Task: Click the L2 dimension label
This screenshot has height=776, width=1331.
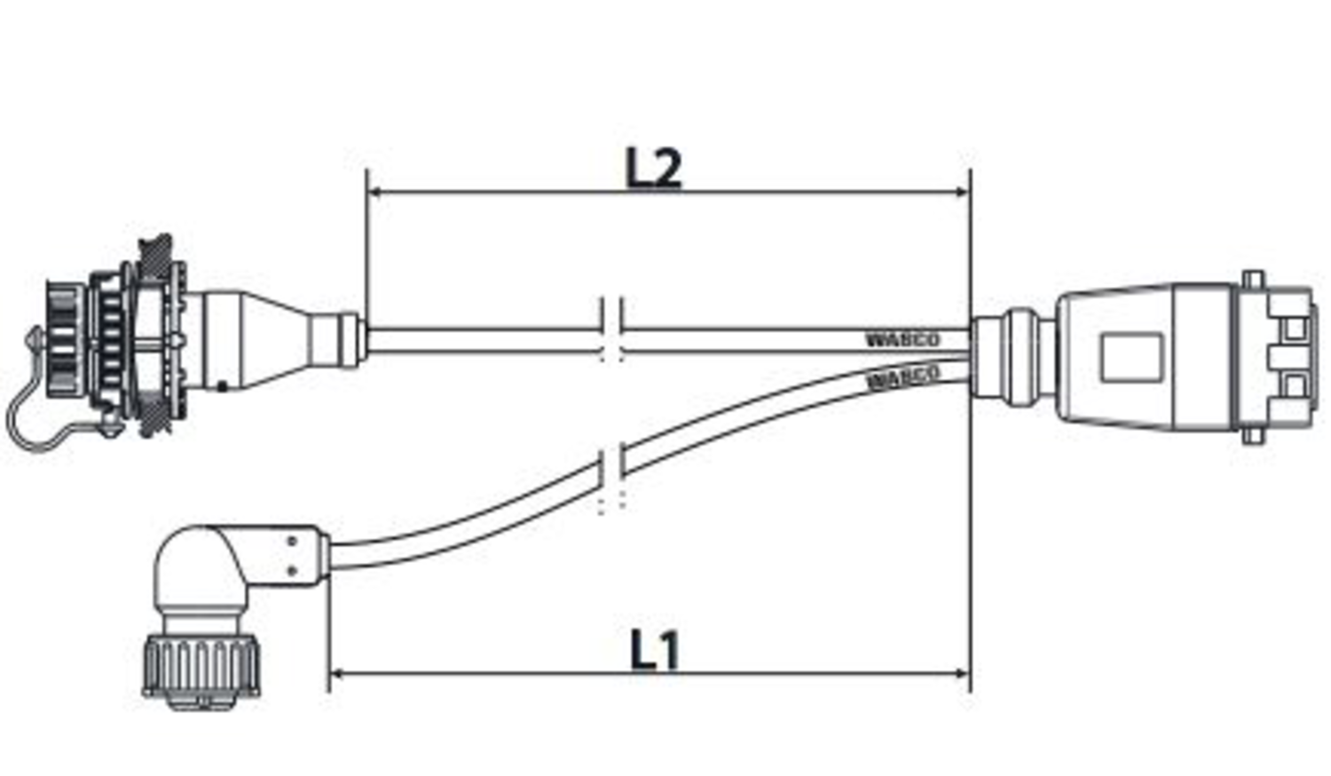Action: [654, 168]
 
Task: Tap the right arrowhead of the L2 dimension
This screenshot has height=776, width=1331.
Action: [962, 192]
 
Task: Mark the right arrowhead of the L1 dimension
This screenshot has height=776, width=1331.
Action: [962, 674]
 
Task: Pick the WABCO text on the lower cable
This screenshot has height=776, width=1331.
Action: [902, 376]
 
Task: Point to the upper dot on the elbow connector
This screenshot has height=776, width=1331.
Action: [291, 540]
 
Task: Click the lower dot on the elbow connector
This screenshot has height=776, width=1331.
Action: [291, 570]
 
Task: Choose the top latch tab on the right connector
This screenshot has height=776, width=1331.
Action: [1252, 280]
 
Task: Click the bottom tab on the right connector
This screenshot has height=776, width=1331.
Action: [1252, 435]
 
